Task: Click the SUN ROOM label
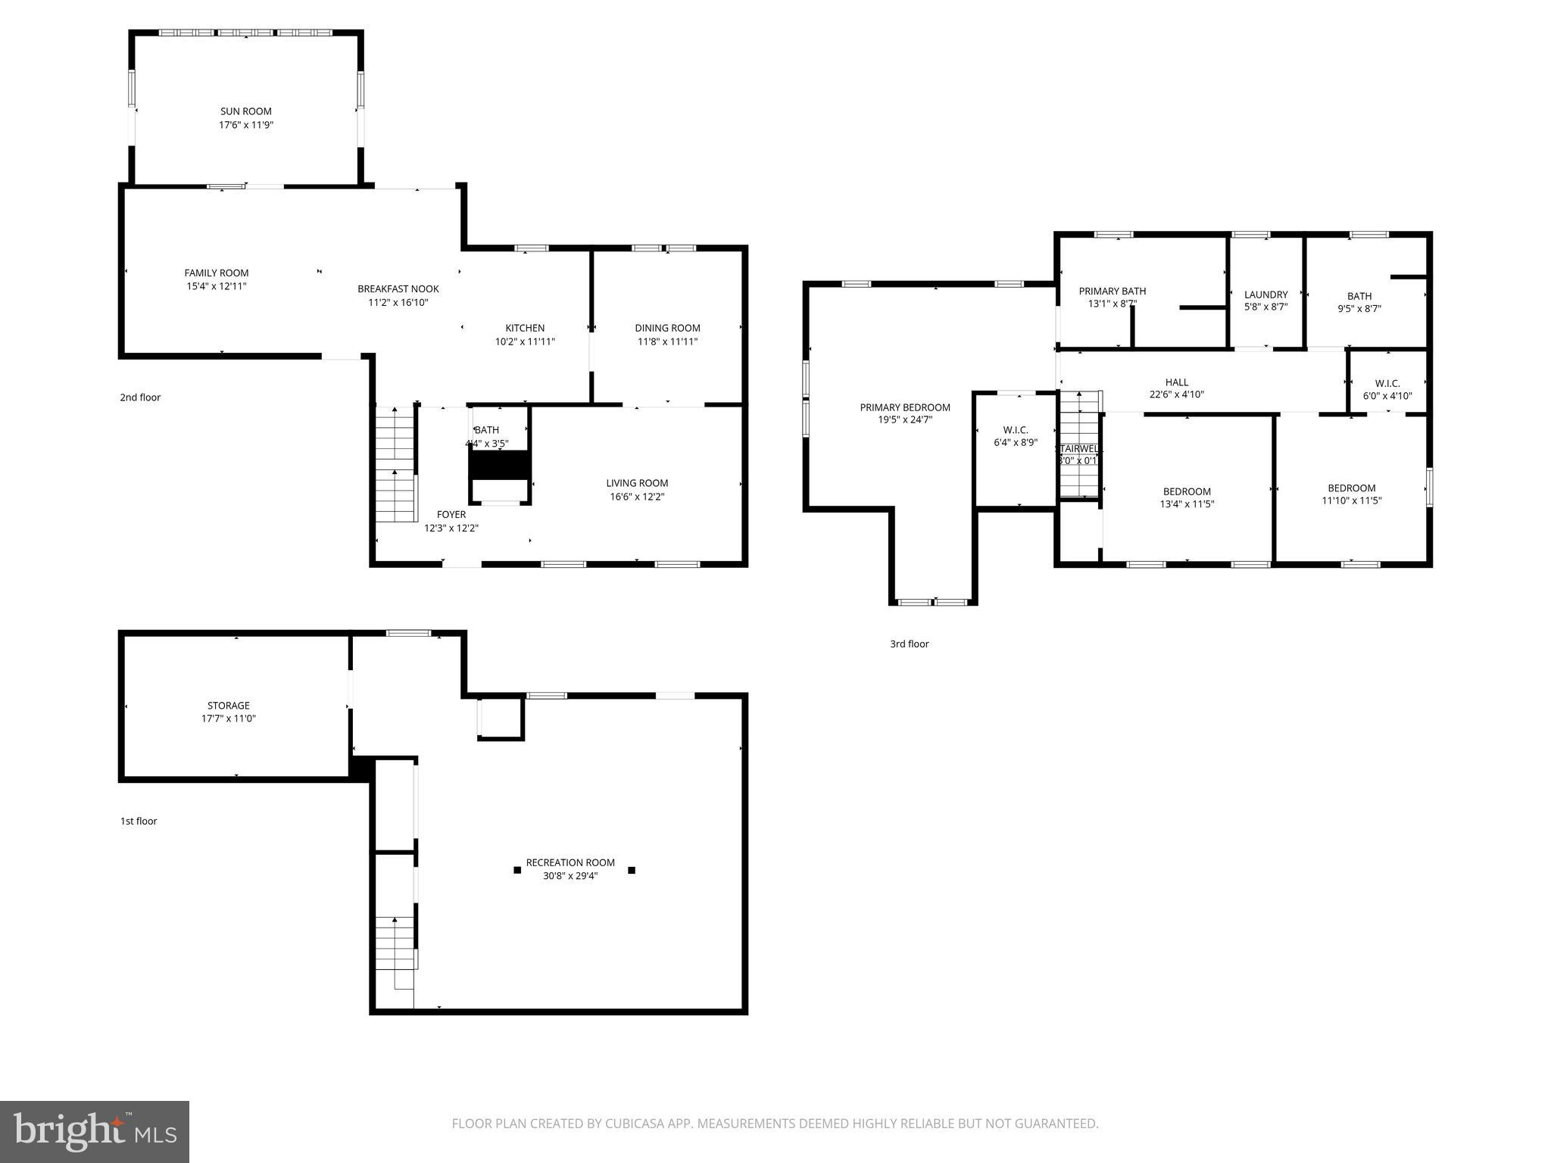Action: click(x=245, y=111)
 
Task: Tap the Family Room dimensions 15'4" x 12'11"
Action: click(x=217, y=286)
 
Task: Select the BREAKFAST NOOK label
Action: click(x=398, y=288)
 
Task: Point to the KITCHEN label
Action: click(x=525, y=328)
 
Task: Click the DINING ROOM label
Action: click(x=667, y=328)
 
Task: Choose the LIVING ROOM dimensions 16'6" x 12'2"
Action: click(x=637, y=497)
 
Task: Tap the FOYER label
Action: click(x=451, y=514)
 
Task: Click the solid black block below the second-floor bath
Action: click(x=500, y=464)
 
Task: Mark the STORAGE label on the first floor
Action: click(x=229, y=705)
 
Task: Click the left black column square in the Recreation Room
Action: click(x=517, y=870)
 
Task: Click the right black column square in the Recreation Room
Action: click(x=632, y=870)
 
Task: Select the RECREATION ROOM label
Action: click(x=570, y=862)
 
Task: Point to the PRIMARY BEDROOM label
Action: click(x=905, y=407)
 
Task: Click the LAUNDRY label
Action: click(x=1265, y=295)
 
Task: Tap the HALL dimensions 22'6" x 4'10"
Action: click(x=1176, y=394)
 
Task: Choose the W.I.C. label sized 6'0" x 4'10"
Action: click(x=1387, y=383)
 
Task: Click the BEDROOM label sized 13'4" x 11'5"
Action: click(x=1187, y=491)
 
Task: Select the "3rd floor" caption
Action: click(x=909, y=644)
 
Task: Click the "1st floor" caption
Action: click(x=139, y=821)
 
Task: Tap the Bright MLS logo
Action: click(x=95, y=1131)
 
